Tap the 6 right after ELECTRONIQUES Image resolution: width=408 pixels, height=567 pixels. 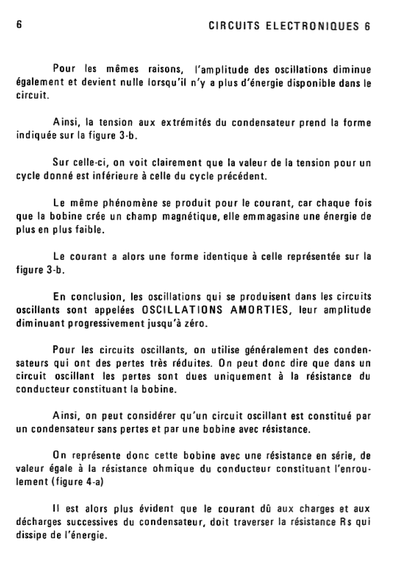click(x=367, y=26)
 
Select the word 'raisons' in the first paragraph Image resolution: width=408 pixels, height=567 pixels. click(x=166, y=70)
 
